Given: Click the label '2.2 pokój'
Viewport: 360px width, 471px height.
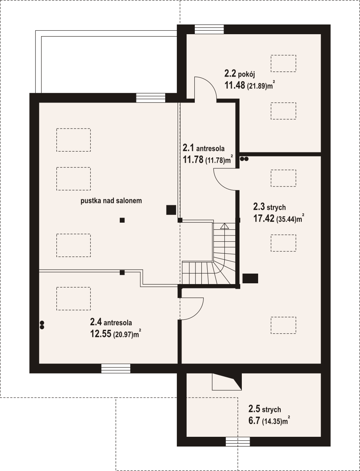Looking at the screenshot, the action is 240,74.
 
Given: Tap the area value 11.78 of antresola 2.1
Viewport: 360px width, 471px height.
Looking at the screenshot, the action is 193,159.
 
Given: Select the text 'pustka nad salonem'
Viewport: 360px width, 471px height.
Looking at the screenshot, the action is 111,201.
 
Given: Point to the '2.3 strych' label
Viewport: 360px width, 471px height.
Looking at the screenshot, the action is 269,207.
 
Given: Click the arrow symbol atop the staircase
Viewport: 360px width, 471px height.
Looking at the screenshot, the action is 225,226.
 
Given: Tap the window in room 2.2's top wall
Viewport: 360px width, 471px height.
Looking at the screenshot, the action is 209,29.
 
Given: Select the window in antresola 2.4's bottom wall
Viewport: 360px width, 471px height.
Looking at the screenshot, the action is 116,368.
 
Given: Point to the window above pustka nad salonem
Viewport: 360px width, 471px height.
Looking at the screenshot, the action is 151,98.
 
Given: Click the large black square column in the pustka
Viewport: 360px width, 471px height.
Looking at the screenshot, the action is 171,210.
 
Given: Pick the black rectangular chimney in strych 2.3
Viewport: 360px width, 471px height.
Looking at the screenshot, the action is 250,278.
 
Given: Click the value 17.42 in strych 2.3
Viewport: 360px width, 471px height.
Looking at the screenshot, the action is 264,218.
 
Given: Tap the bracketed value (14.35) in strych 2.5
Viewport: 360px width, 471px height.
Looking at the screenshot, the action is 272,421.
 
